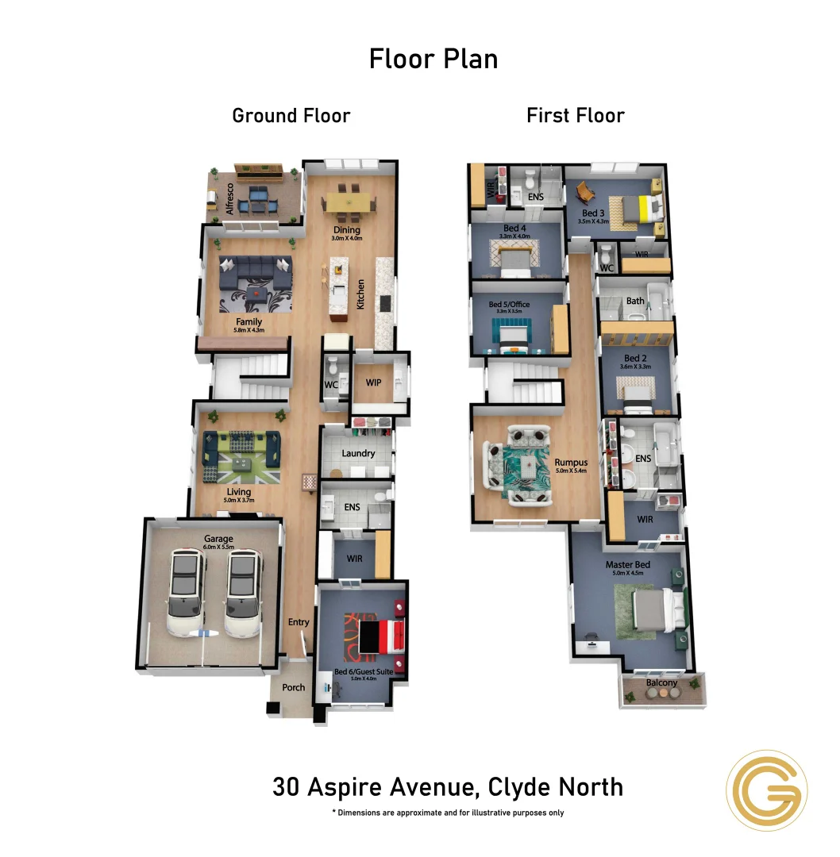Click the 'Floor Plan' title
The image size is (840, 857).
coord(433,59)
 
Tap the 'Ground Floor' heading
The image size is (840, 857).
coord(291,116)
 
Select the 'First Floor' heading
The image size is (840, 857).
coord(576,116)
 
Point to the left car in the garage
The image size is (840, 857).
coord(184,591)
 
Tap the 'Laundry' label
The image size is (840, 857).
coord(358,454)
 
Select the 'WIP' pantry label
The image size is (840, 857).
coord(374,382)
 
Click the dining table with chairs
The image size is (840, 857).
coord(349,203)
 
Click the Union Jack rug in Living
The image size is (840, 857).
coord(243,460)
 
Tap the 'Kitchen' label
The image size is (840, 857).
coord(360,294)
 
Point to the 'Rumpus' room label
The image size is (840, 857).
coord(571,462)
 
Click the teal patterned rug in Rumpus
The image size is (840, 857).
coord(522,468)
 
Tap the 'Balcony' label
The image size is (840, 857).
coord(661,682)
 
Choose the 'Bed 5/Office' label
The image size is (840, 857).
coord(509,305)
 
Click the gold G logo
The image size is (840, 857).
coord(767,790)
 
